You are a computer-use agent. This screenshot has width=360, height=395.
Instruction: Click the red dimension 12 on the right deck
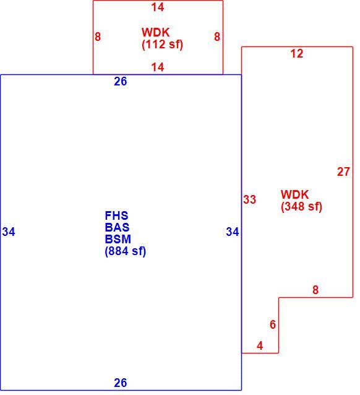296,54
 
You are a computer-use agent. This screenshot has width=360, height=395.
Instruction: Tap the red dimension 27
343,171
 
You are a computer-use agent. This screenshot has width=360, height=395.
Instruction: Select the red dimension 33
249,199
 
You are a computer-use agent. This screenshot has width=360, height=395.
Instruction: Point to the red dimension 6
273,324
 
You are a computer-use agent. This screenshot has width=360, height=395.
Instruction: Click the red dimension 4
260,345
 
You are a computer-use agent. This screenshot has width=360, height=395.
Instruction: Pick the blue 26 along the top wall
121,81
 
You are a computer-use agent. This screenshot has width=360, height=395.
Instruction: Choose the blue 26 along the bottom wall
121,383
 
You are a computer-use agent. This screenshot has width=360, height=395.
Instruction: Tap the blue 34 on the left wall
9,232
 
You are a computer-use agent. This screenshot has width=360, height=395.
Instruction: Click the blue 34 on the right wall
233,232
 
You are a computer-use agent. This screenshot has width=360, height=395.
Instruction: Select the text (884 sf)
126,251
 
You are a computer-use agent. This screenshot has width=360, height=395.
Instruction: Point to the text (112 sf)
163,45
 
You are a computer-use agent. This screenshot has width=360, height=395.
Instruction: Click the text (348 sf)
302,207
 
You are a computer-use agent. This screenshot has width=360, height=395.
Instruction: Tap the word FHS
116,215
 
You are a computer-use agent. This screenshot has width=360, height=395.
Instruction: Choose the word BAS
117,227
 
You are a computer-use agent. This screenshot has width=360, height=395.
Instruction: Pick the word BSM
118,239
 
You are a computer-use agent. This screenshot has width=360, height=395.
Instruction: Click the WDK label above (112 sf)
156,32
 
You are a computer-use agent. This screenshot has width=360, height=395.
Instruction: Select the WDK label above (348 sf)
295,194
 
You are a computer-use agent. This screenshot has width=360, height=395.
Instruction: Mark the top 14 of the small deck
158,7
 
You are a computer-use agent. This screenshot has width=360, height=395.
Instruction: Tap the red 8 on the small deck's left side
98,37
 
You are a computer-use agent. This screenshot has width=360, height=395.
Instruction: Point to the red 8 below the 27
315,290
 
